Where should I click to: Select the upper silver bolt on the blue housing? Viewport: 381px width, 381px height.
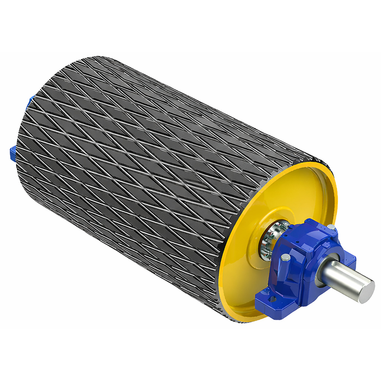331,227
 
